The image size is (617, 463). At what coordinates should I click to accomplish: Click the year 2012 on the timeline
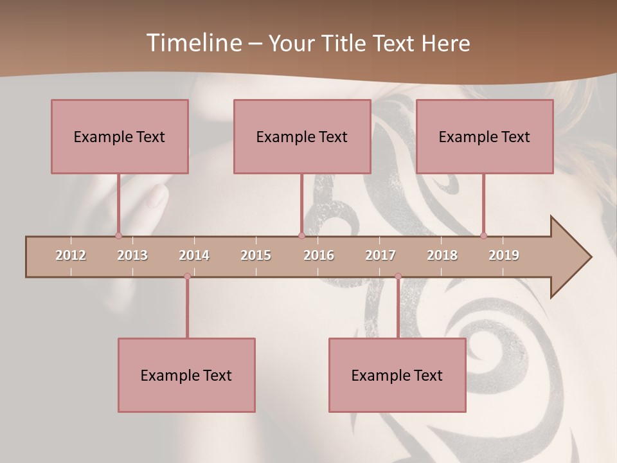point(71,255)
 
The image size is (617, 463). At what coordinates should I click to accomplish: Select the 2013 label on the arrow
point(132,255)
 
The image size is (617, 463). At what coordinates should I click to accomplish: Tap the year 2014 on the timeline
point(194,255)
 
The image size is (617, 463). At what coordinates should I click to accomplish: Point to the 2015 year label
point(256,255)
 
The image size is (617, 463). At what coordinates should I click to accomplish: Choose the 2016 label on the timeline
point(319,255)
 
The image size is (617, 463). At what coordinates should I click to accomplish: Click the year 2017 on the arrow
point(380,255)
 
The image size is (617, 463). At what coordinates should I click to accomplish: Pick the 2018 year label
point(442,255)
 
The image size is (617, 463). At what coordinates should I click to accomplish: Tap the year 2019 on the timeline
point(504,255)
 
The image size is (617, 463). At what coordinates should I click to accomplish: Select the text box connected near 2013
point(120,136)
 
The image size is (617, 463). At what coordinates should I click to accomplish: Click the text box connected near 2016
point(302,136)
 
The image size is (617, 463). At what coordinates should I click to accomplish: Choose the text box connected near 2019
point(485,136)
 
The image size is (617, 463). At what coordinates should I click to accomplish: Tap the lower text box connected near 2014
point(186,375)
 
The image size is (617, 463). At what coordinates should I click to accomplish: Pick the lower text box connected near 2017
point(397,375)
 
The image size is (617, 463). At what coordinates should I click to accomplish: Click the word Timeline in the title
point(193,43)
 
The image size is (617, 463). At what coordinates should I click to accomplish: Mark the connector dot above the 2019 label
point(484,235)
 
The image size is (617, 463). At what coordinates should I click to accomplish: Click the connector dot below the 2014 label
point(187,277)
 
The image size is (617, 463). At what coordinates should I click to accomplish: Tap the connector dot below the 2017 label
point(398,277)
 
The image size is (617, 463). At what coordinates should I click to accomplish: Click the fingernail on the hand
point(156,196)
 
